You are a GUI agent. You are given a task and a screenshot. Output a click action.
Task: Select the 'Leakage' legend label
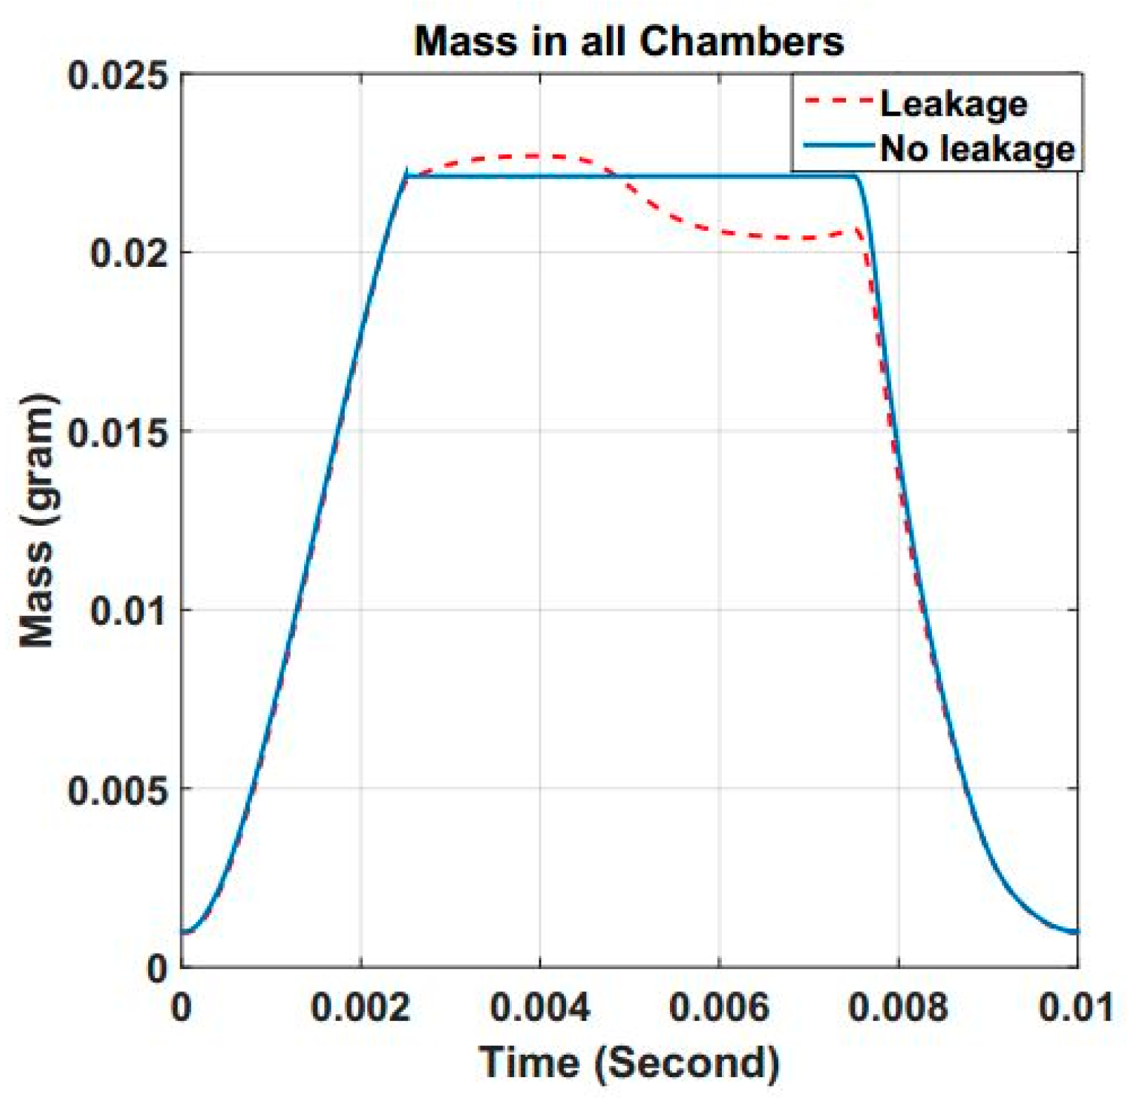pos(953,104)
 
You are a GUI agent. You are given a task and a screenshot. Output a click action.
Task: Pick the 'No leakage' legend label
pos(977,149)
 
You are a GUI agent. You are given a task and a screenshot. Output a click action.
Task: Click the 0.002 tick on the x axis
pos(361,1008)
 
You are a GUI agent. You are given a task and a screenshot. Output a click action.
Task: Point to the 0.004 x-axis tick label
pos(540,1008)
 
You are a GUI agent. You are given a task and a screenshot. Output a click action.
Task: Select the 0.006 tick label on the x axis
pos(719,1008)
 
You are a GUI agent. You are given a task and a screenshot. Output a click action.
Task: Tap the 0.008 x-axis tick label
pos(898,1008)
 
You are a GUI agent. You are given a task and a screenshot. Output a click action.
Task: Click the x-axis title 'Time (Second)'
pos(629,1062)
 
